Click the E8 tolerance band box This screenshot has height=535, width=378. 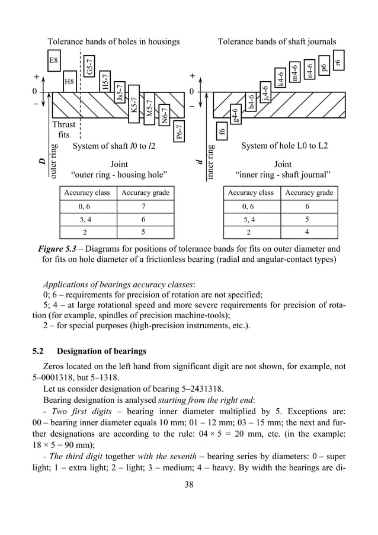tap(54, 60)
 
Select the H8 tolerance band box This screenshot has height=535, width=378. tap(70, 81)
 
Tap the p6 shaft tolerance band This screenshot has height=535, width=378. tap(323, 66)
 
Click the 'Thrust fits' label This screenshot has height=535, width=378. tap(63, 130)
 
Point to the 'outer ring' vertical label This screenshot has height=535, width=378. tap(54, 158)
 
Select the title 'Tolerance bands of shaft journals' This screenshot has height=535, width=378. tap(277, 41)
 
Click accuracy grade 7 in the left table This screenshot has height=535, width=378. tap(143, 207)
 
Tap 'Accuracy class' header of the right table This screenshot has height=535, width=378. tap(251, 193)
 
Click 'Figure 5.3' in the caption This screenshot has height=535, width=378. tap(58, 249)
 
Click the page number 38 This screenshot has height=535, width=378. tap(189, 500)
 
